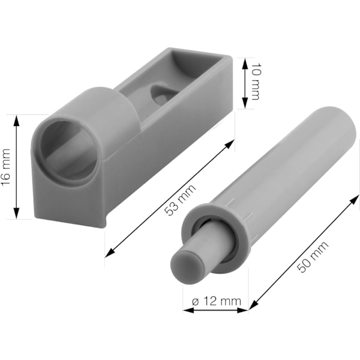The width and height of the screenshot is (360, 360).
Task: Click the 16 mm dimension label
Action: (6, 167)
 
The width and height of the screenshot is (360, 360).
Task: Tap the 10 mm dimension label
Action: (256, 82)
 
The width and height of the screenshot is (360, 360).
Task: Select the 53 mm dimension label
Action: (181, 200)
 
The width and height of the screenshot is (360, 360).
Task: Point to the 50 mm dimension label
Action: (313, 257)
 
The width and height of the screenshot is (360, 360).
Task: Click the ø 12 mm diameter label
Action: (217, 301)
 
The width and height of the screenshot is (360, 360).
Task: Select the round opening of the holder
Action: (68, 152)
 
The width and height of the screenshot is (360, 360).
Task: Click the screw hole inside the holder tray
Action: (161, 94)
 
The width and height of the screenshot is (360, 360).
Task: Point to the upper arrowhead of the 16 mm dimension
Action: (16, 121)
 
